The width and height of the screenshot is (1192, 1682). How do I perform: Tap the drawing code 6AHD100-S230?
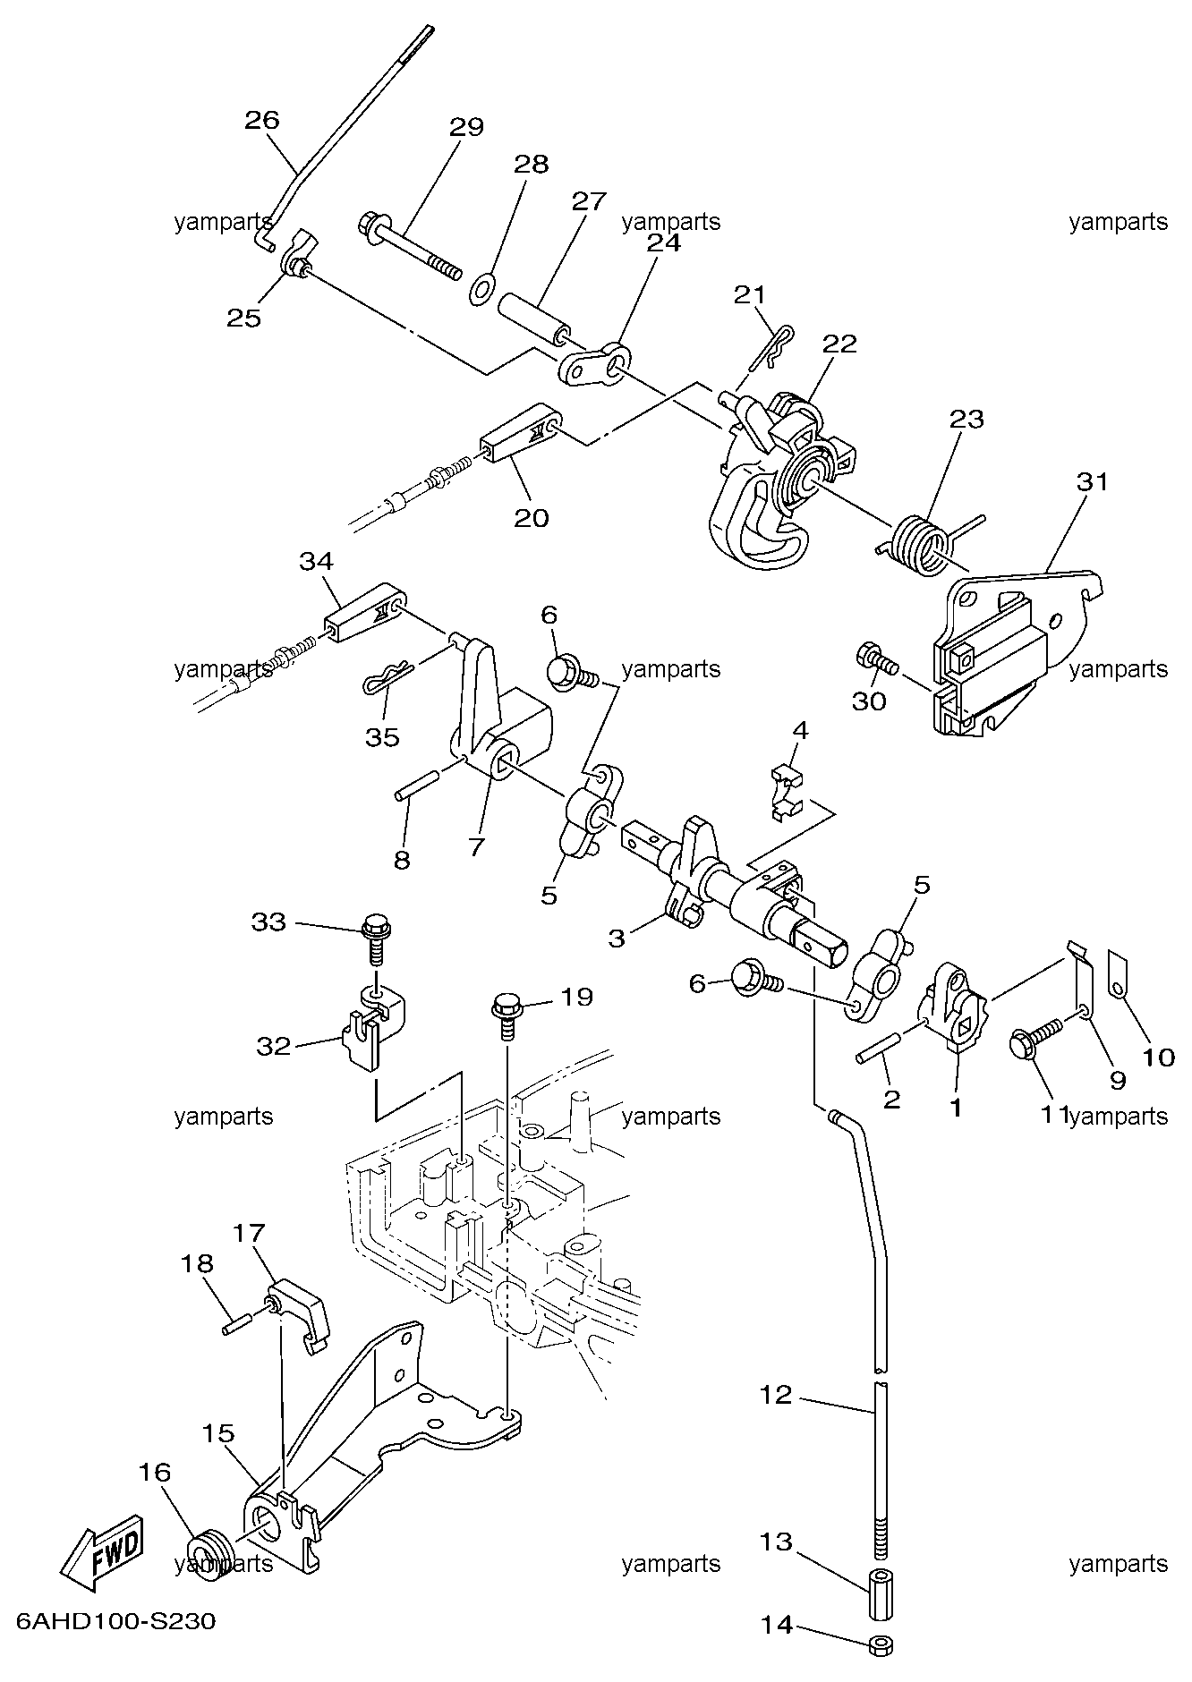pyautogui.click(x=115, y=1622)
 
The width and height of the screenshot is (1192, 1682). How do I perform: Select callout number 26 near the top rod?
pyautogui.click(x=262, y=120)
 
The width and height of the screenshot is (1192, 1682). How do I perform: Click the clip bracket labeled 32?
pyautogui.click(x=372, y=1025)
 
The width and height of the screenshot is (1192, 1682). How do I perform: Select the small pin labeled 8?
pyautogui.click(x=417, y=785)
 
